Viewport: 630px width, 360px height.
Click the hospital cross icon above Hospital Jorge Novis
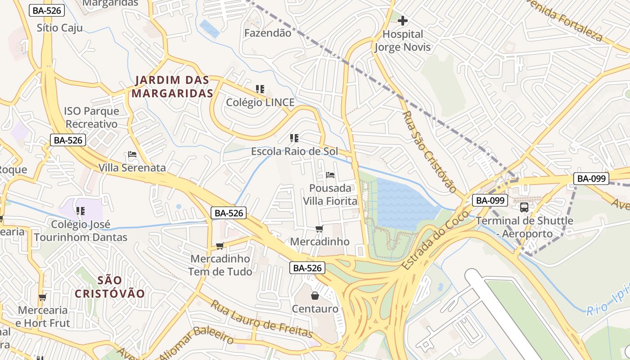click(403, 21)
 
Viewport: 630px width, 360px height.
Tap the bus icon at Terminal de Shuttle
click(524, 207)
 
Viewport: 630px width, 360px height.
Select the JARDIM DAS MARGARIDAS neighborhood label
click(172, 87)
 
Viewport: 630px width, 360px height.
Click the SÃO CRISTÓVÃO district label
click(110, 287)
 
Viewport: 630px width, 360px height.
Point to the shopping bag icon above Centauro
click(315, 296)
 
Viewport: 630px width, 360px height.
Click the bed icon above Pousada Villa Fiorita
click(330, 175)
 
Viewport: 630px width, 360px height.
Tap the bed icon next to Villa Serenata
click(132, 154)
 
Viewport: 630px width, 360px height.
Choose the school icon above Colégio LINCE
click(260, 89)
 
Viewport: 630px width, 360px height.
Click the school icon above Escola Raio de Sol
click(294, 138)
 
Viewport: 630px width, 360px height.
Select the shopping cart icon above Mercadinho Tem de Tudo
click(220, 246)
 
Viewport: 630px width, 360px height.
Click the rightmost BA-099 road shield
click(591, 179)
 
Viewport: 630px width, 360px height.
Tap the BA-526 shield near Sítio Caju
click(47, 10)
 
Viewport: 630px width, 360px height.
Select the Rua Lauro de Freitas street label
click(261, 319)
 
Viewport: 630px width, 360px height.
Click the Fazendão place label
click(267, 33)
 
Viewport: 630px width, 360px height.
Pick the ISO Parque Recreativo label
click(91, 117)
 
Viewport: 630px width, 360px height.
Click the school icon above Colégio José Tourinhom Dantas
click(81, 211)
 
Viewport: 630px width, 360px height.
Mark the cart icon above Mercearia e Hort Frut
click(43, 297)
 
